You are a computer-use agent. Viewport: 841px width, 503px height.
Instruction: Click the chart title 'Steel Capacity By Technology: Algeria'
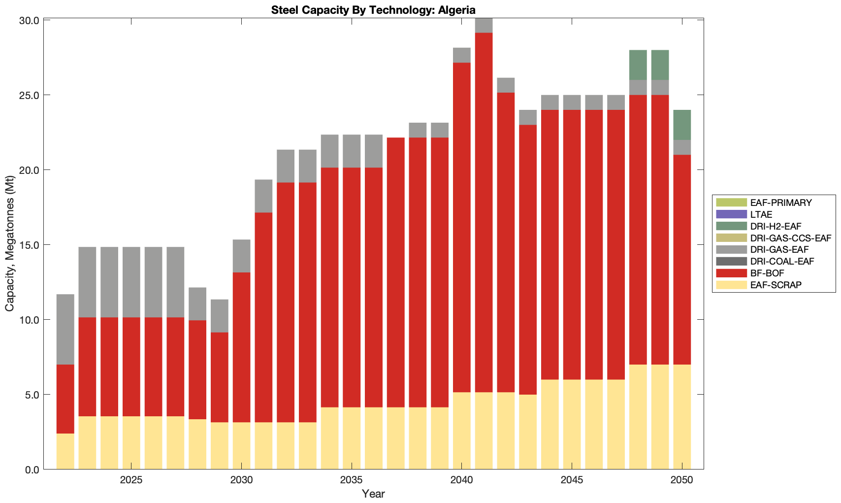[x=373, y=10]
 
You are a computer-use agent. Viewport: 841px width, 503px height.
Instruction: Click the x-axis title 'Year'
[x=373, y=494]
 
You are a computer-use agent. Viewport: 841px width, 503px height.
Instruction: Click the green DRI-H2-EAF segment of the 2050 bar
[x=682, y=125]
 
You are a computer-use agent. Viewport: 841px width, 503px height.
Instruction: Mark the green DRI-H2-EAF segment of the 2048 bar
[x=638, y=65]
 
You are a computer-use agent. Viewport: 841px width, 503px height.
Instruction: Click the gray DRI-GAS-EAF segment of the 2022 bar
[x=65, y=329]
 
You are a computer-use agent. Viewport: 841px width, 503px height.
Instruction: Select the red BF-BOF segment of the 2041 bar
[x=484, y=212]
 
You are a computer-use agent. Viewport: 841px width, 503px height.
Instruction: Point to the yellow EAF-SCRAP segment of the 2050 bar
[x=682, y=417]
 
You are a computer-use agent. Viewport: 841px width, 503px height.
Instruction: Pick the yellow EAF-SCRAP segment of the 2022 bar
[x=65, y=451]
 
